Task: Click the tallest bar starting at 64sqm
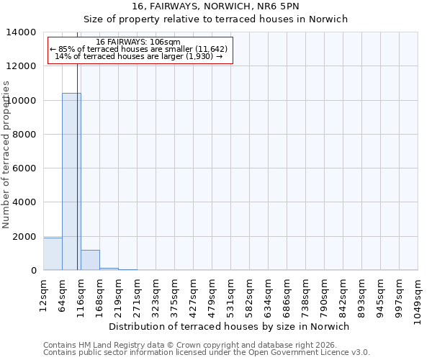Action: tap(71, 181)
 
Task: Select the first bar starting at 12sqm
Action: tap(53, 254)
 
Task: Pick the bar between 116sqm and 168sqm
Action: tap(90, 260)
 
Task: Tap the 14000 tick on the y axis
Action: tap(22, 32)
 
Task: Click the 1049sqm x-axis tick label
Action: tap(418, 299)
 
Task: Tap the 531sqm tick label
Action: tap(231, 296)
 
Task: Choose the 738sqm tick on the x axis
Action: tap(306, 296)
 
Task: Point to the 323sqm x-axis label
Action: tap(156, 296)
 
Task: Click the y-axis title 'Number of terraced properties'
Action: tap(6, 154)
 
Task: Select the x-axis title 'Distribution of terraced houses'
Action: tap(229, 326)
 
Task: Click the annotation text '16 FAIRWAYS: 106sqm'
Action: tap(138, 42)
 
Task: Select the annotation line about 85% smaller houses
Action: tap(139, 49)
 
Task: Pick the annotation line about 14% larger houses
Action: tap(139, 56)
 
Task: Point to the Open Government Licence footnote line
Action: tap(207, 352)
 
